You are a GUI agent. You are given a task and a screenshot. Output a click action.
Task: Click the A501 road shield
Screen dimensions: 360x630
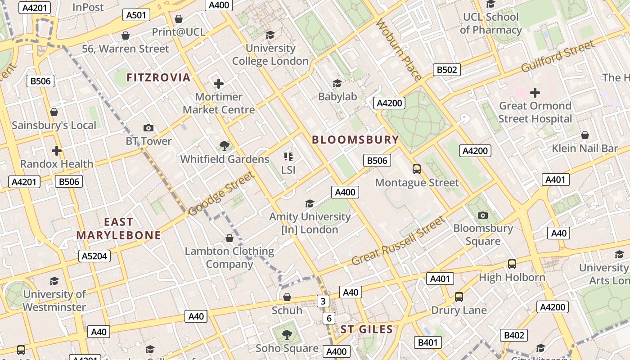tap(136, 15)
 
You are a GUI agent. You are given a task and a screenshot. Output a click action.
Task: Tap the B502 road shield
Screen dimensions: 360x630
tap(447, 69)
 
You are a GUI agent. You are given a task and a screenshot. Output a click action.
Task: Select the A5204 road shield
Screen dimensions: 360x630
tap(94, 256)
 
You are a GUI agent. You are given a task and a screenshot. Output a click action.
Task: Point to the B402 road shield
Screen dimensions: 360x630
tap(513, 335)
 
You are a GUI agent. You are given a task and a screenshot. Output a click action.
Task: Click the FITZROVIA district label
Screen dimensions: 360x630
tap(158, 77)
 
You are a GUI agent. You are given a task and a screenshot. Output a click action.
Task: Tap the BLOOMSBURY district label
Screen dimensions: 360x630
tap(355, 139)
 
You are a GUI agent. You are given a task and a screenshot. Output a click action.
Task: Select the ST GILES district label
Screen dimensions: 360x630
tap(367, 329)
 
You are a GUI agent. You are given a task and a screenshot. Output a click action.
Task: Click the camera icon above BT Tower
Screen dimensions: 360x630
tap(148, 128)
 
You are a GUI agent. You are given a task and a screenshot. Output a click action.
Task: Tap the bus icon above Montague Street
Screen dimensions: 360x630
tap(417, 169)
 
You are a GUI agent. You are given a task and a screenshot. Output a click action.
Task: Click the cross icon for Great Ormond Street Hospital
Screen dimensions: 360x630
tap(535, 93)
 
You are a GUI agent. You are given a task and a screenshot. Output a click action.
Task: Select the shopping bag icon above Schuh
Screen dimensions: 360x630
tap(287, 297)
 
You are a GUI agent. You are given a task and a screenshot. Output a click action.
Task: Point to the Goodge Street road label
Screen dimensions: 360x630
tap(220, 193)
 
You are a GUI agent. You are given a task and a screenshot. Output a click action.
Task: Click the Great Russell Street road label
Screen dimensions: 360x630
tap(398, 241)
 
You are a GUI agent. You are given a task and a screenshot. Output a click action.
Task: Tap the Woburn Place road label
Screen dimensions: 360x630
tap(399, 50)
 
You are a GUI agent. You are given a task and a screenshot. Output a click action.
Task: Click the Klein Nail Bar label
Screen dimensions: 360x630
tap(585, 148)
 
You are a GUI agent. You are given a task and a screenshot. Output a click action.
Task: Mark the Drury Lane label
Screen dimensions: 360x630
tap(459, 310)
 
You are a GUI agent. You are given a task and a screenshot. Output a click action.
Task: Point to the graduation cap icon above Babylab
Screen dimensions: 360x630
tap(337, 83)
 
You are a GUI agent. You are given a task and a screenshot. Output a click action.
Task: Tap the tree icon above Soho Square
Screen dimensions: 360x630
tap(287, 335)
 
